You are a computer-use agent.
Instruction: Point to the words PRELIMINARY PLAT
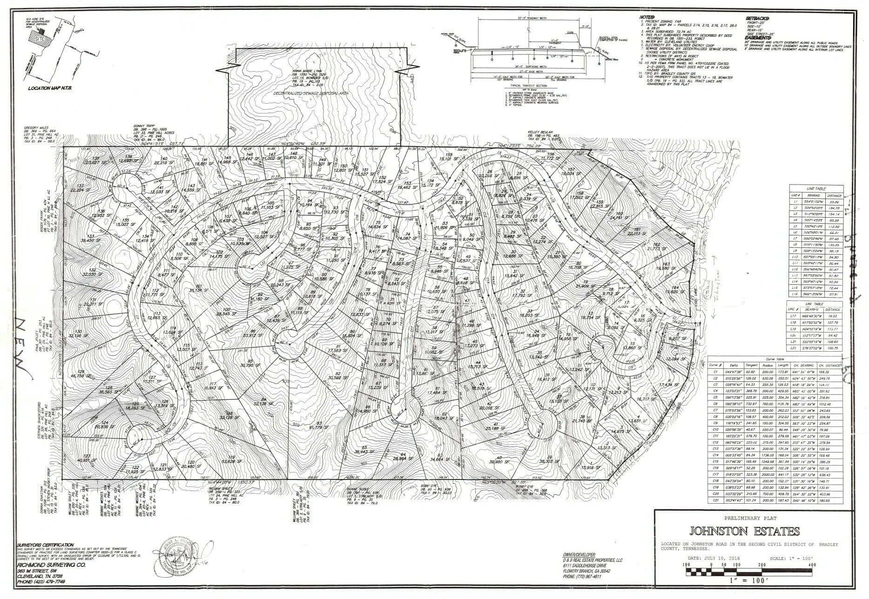point(744,518)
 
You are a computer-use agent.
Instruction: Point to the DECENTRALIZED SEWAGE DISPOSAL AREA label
point(311,93)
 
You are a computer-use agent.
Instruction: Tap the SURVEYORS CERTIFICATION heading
point(45,545)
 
